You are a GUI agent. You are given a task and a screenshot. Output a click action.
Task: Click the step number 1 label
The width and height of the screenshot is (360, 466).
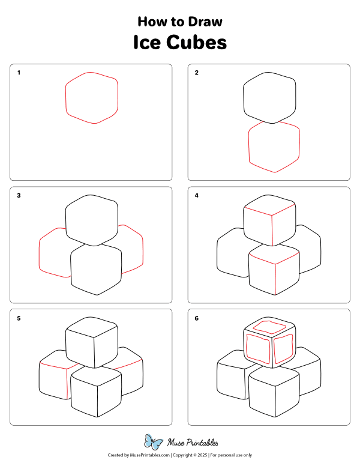pyautogui.click(x=19, y=73)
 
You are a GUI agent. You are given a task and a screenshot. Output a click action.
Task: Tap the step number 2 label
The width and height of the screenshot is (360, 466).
pyautogui.click(x=196, y=73)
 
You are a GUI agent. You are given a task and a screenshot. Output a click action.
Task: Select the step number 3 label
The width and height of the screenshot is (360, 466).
pyautogui.click(x=19, y=196)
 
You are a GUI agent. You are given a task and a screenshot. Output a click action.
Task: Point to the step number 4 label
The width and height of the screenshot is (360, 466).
pyautogui.click(x=196, y=196)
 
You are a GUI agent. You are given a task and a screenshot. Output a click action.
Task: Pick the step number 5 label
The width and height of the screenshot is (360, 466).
pyautogui.click(x=19, y=318)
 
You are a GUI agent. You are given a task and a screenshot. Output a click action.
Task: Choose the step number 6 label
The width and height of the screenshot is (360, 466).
pyautogui.click(x=196, y=318)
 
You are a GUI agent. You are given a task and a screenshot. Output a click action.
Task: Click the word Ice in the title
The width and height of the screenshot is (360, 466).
pyautogui.click(x=148, y=43)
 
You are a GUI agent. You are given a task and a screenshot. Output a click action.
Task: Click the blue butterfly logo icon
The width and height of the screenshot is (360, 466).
pyautogui.click(x=154, y=443)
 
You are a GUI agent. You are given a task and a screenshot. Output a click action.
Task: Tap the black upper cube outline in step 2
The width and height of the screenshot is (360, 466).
pyautogui.click(x=270, y=96)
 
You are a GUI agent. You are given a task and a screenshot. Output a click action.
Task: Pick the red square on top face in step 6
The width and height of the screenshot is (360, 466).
pyautogui.click(x=269, y=326)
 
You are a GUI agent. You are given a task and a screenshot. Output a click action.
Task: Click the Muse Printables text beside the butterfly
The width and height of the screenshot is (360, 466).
pyautogui.click(x=191, y=443)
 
